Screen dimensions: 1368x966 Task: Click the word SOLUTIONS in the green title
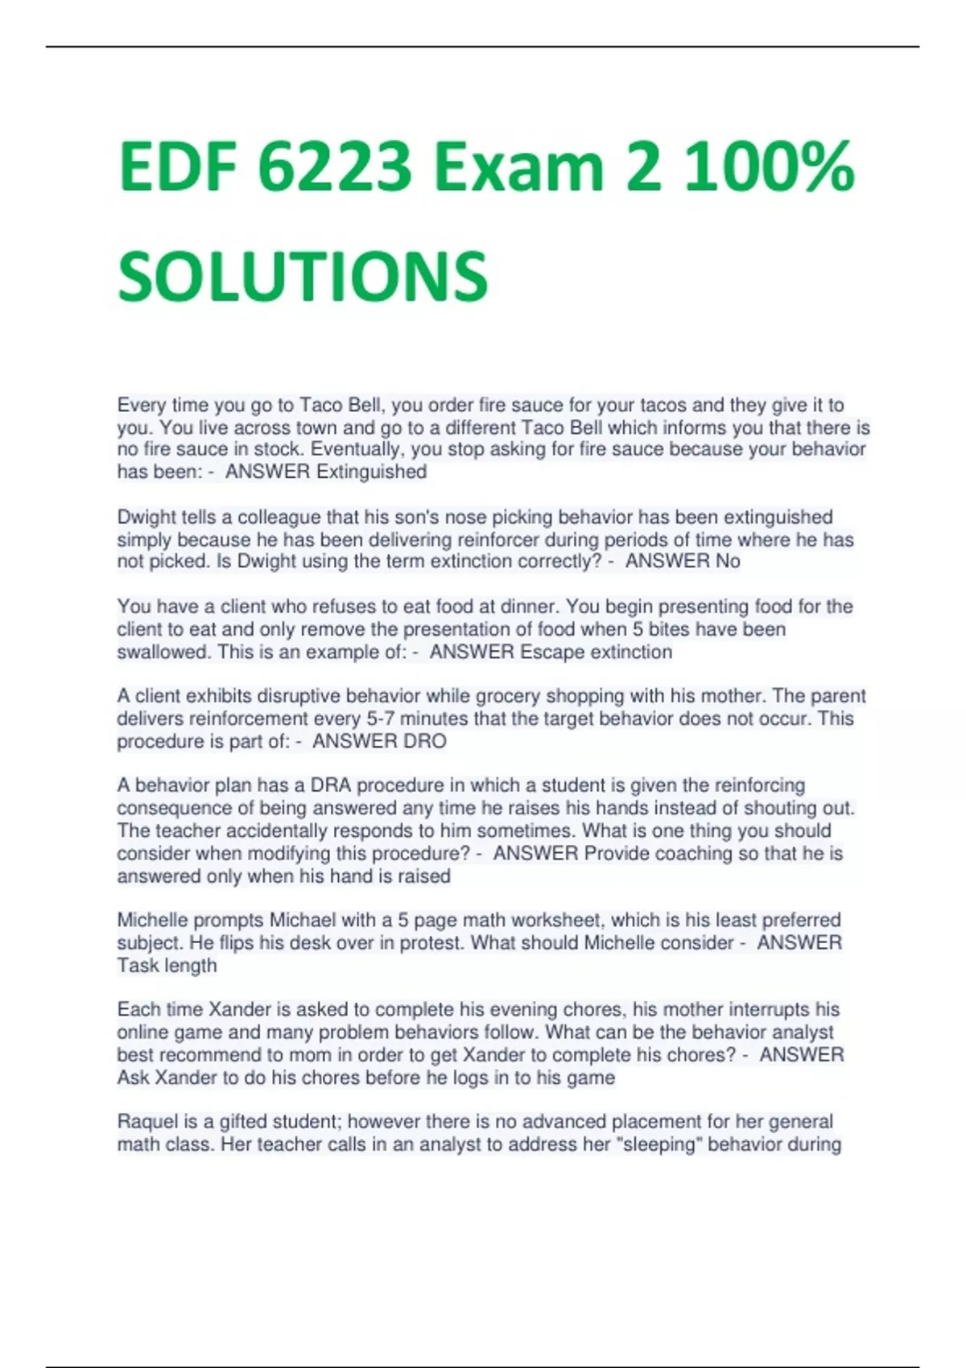(303, 275)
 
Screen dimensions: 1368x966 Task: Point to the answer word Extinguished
(371, 472)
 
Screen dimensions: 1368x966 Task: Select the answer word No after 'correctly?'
(728, 561)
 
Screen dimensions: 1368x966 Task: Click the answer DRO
(424, 741)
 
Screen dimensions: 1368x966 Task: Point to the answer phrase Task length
(167, 965)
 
